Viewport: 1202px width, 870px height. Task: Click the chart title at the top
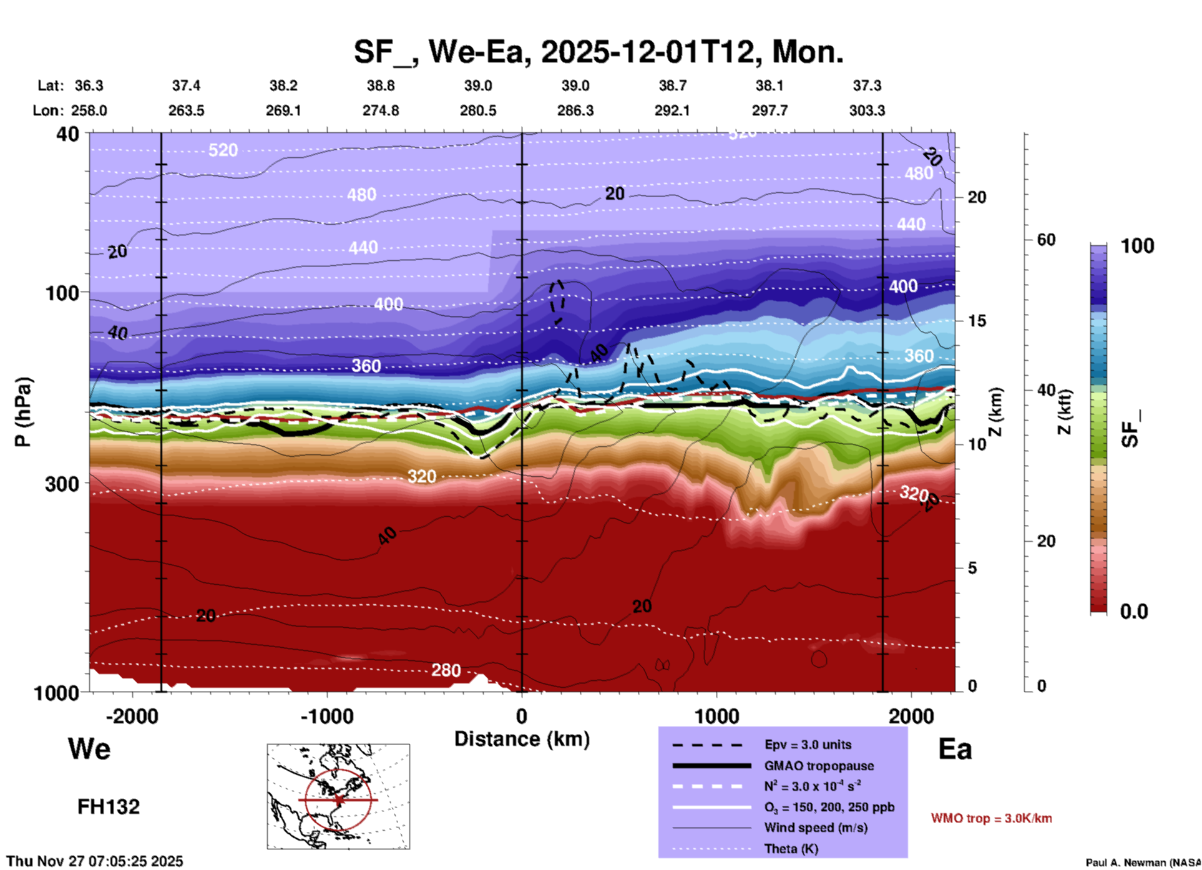tap(598, 51)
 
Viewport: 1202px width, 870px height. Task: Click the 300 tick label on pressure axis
tap(62, 484)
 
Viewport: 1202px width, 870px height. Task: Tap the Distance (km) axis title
tap(522, 739)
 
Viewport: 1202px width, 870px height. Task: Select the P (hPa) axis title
tap(23, 412)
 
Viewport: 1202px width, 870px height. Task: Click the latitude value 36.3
tap(89, 86)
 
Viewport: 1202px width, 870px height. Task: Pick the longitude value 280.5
tap(478, 110)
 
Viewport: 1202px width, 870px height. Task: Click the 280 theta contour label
tap(446, 670)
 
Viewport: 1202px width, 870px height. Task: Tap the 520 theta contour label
tap(223, 150)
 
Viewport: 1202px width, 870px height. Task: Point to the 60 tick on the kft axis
tap(1046, 240)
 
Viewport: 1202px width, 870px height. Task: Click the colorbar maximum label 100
tap(1137, 246)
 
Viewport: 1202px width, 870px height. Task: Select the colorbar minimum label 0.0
tap(1134, 612)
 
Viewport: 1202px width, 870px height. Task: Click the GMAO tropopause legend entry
tap(818, 766)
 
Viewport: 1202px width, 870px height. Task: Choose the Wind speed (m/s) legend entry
tap(806, 828)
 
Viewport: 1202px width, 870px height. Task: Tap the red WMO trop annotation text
tap(991, 818)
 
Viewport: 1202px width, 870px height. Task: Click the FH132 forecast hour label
tap(109, 807)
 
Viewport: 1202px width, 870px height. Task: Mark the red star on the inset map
tap(338, 799)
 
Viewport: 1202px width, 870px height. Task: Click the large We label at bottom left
tap(89, 749)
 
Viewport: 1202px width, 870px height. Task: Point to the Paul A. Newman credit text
tap(1143, 863)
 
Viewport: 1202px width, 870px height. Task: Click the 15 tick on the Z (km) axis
tap(977, 321)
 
